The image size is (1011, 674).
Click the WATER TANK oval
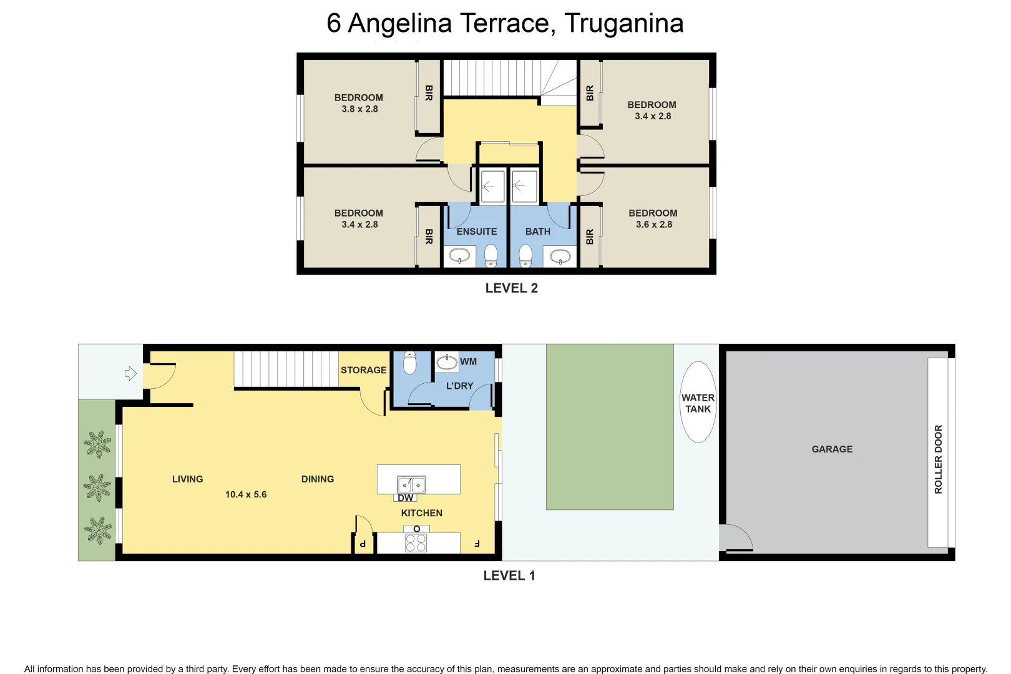698,403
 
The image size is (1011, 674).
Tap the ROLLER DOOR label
938,459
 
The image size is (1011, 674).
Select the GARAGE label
831,449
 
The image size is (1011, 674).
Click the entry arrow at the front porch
130,374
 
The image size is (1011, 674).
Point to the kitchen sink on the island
411,484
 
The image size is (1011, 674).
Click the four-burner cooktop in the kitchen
416,542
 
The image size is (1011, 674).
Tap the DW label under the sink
406,498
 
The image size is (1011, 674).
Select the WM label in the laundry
468,362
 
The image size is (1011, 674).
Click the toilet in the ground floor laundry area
409,363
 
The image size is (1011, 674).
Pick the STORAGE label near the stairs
363,370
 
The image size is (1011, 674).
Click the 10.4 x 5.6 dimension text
246,494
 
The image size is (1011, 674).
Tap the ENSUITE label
476,232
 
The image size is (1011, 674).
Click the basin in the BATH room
560,256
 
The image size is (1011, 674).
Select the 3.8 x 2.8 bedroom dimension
359,109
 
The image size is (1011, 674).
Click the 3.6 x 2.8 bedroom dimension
653,225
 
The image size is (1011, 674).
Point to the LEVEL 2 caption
511,288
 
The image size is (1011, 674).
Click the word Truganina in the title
624,24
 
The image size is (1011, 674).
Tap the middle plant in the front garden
97,487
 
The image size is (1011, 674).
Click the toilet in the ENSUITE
491,255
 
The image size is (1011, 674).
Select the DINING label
317,479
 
